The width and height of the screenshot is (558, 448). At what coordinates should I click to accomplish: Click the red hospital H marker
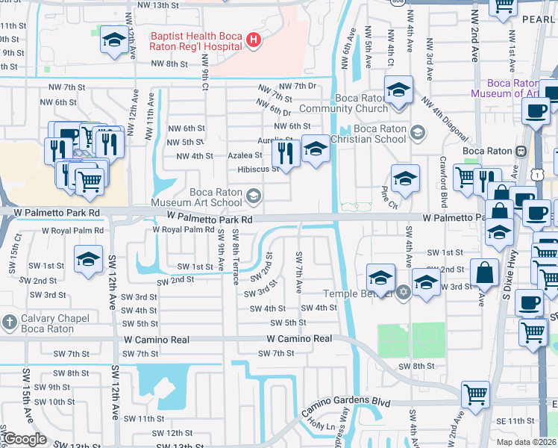[x=254, y=40]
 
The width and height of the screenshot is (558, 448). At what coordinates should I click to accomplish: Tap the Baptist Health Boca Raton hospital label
[x=197, y=40]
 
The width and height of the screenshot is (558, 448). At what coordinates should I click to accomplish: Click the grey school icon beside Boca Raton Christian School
[x=418, y=133]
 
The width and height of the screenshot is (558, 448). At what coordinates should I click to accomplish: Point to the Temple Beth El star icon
[x=404, y=291]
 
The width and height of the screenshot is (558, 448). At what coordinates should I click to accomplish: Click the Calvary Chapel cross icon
[x=9, y=323]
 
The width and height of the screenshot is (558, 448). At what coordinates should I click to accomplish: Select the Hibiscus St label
[x=258, y=169]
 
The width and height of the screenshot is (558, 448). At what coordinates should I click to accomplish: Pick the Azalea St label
[x=247, y=155]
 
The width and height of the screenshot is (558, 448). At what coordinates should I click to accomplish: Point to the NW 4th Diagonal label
[x=445, y=119]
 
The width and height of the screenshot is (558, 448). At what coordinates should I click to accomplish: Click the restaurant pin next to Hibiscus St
[x=286, y=152]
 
